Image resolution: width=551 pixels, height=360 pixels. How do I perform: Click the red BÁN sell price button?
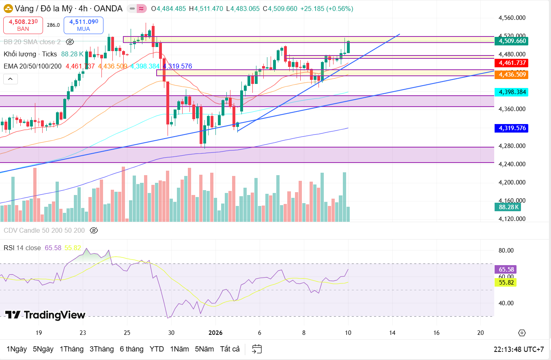click(x=23, y=25)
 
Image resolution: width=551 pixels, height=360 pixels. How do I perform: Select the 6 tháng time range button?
click(x=131, y=349)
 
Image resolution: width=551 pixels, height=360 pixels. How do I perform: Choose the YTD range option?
click(x=157, y=349)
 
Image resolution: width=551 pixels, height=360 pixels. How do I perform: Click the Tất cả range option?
click(x=230, y=349)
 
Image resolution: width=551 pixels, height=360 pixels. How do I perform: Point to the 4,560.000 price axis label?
click(x=512, y=17)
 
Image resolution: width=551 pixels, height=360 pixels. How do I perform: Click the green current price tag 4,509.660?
click(x=512, y=41)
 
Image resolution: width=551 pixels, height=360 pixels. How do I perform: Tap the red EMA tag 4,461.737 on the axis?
click(x=512, y=63)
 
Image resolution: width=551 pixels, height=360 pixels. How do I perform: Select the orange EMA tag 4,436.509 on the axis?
click(x=512, y=74)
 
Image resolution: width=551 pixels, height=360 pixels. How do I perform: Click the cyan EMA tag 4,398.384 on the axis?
click(x=512, y=92)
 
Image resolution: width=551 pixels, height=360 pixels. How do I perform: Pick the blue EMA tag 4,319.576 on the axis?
click(x=512, y=128)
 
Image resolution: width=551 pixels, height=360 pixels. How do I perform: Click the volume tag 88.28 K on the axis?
click(x=507, y=207)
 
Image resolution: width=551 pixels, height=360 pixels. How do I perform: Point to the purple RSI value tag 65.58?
click(x=506, y=269)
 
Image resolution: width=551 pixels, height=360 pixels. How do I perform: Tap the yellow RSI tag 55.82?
click(x=506, y=283)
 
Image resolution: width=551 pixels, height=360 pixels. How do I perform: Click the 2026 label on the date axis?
click(x=215, y=333)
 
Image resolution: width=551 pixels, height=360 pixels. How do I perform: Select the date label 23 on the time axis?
click(x=83, y=333)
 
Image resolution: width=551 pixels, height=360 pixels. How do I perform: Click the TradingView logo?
click(x=45, y=315)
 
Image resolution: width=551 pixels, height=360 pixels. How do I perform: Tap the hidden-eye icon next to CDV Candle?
click(x=94, y=231)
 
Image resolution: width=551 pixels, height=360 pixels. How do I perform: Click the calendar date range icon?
click(x=256, y=349)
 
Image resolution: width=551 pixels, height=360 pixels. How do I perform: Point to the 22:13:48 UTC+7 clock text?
click(x=519, y=349)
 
